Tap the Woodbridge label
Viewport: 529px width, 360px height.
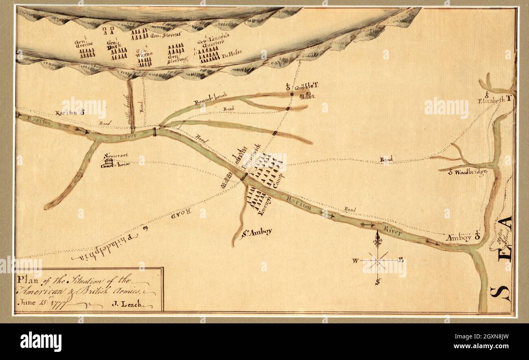pos(471,173)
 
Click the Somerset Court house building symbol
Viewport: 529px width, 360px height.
pos(107,161)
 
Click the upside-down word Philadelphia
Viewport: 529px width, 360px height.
pos(102,246)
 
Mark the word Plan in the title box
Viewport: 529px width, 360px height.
pos(25,280)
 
